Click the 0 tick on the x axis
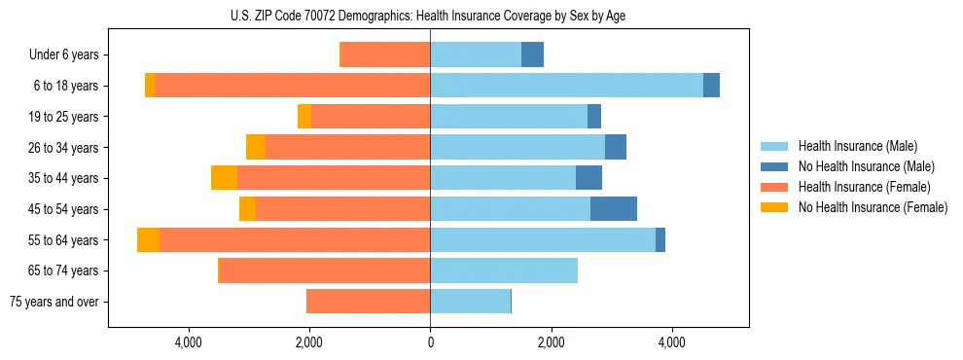click(430, 342)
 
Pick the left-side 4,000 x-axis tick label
click(188, 342)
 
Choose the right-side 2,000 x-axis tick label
click(551, 342)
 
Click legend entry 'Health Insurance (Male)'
click(857, 146)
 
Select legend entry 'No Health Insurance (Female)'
click(873, 207)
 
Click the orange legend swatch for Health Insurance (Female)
click(774, 187)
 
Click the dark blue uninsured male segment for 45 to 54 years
click(613, 209)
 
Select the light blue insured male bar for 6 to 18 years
click(566, 86)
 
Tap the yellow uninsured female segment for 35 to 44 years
click(224, 178)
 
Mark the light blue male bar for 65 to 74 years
click(504, 270)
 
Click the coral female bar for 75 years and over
click(368, 302)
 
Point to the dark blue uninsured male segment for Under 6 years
click(532, 55)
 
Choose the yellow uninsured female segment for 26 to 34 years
click(256, 147)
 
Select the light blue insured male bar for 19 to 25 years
click(509, 117)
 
